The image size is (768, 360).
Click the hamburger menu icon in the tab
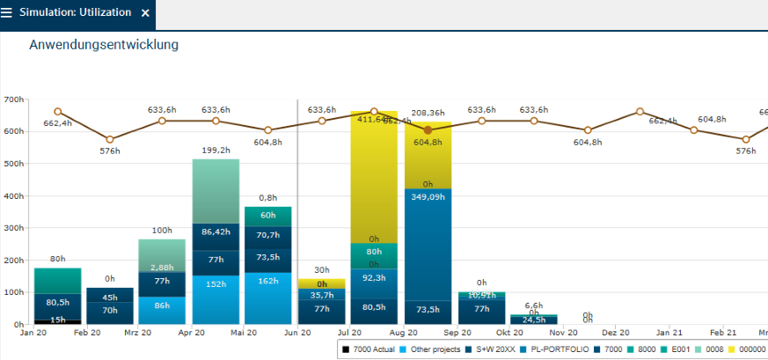click(x=7, y=13)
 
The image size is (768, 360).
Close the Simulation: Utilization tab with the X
click(x=146, y=13)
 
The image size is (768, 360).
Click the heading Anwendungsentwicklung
click(x=104, y=44)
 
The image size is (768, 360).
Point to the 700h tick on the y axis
click(x=12, y=99)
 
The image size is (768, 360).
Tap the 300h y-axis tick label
click(x=12, y=228)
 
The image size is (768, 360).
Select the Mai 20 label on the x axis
click(x=245, y=333)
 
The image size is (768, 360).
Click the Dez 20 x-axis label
click(x=615, y=333)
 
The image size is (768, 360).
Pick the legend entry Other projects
click(x=430, y=349)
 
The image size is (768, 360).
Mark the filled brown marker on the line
click(x=428, y=129)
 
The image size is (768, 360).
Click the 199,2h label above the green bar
click(x=216, y=151)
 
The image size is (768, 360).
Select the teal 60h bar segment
click(x=267, y=216)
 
